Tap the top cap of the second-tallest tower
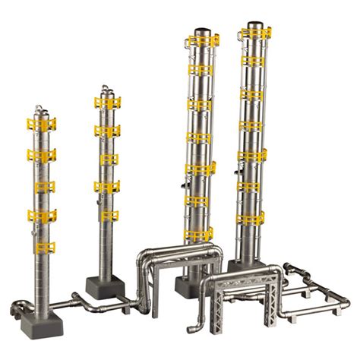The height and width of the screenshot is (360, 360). pyautogui.click(x=201, y=33)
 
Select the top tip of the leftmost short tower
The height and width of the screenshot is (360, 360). pyautogui.click(x=41, y=106)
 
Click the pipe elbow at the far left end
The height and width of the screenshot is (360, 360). pyautogui.click(x=17, y=308)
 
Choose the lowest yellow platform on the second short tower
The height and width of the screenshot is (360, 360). pyautogui.click(x=108, y=215)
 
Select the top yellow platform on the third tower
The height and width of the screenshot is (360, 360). pyautogui.click(x=202, y=42)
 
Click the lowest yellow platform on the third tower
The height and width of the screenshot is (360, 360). pyautogui.click(x=200, y=234)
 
